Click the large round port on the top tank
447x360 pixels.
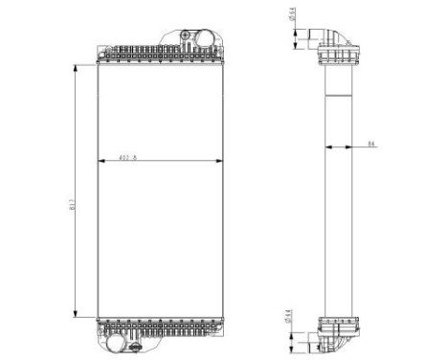point(202,38)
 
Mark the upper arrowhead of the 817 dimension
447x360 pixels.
point(77,68)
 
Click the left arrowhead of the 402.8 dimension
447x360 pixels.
point(101,159)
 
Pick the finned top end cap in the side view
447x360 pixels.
point(340,57)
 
